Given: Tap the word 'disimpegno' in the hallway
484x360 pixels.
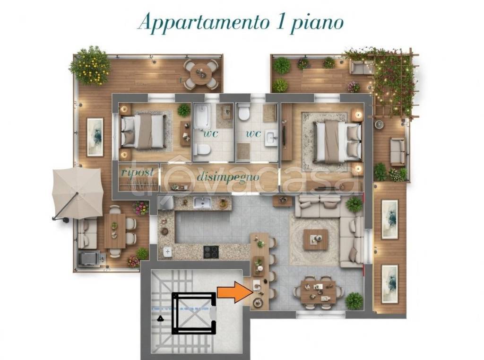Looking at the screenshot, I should (228, 177).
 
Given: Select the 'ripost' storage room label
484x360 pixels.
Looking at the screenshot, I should (137, 172).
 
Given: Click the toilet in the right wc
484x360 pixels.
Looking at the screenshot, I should (244, 113).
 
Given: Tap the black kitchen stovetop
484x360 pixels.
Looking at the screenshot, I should (211, 252).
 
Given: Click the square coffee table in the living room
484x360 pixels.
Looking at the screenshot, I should (315, 239).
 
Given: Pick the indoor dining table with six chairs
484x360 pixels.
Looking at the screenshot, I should (318, 291).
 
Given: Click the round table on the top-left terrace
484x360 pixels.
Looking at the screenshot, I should (201, 74).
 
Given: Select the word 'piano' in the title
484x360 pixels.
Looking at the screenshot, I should (318, 23).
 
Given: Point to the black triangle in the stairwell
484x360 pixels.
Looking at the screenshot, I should (161, 318).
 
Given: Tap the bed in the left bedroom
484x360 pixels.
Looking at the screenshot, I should (144, 131).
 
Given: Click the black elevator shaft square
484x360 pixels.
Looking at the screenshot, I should (195, 313).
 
